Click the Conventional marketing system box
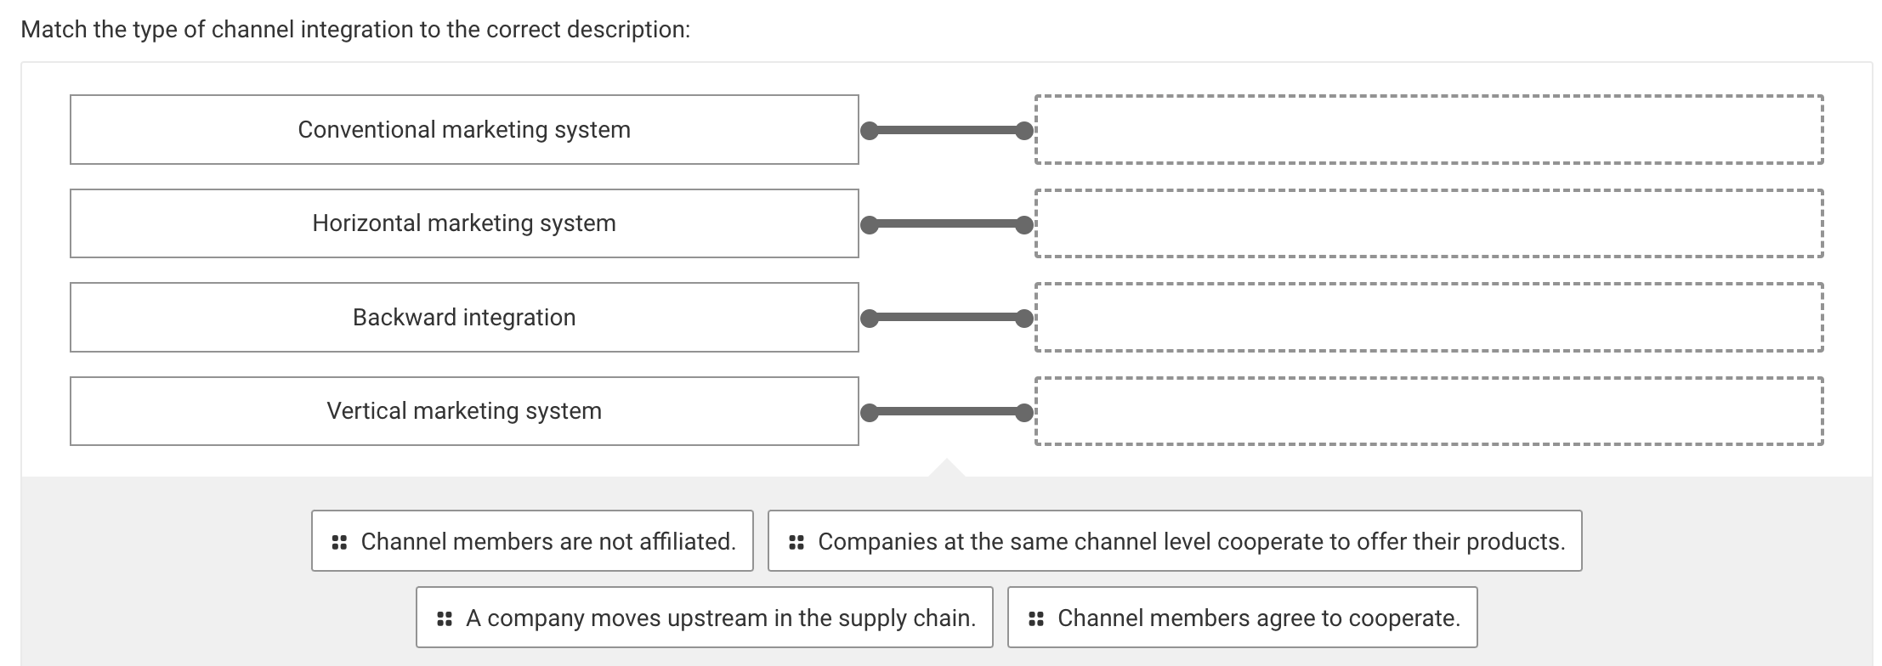[464, 129]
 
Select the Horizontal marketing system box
[464, 223]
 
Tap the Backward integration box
[464, 317]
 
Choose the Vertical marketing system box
[464, 411]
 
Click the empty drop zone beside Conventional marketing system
[1429, 129]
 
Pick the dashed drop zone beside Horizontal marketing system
[1429, 223]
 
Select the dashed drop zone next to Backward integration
[1429, 317]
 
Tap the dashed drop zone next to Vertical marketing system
[1429, 411]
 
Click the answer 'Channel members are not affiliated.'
[547, 541]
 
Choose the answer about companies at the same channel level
[1190, 541]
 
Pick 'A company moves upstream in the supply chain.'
[719, 618]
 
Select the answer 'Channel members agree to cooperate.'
[1258, 618]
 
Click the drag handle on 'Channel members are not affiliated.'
[339, 541]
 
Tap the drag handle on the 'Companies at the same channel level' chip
[796, 541]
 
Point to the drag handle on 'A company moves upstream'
[444, 618]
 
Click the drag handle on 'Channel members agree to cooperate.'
[1035, 618]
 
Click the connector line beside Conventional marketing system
[946, 131]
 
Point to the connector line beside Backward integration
[946, 319]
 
